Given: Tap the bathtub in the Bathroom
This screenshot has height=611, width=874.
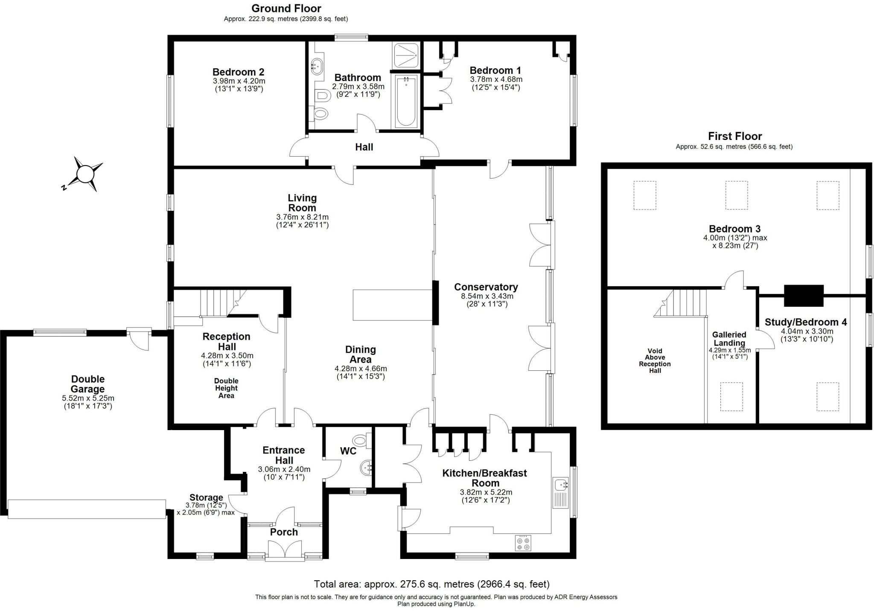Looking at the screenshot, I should (x=406, y=101).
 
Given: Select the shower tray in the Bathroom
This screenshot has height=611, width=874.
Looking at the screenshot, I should (x=406, y=55).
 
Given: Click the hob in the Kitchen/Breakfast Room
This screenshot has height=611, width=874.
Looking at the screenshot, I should (x=524, y=543).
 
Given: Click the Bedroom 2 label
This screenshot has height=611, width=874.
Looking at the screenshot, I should (x=238, y=72).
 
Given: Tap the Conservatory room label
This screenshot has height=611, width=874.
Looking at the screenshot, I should (x=486, y=287).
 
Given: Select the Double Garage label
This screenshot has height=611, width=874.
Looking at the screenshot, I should (x=88, y=384).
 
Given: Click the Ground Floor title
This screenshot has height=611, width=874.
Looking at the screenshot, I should (x=286, y=9).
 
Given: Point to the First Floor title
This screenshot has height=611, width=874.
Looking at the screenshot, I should (x=734, y=137).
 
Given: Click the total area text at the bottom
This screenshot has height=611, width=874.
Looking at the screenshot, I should (x=431, y=584).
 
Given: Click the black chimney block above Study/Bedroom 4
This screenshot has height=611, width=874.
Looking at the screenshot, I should (x=803, y=295).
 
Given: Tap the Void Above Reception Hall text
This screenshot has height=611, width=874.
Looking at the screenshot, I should (x=655, y=361).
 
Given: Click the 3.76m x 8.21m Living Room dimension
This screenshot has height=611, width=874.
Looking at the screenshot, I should (x=302, y=217).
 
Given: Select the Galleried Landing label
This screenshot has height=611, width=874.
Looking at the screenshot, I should (x=729, y=339).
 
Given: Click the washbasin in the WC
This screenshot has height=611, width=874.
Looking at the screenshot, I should (x=365, y=468).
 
